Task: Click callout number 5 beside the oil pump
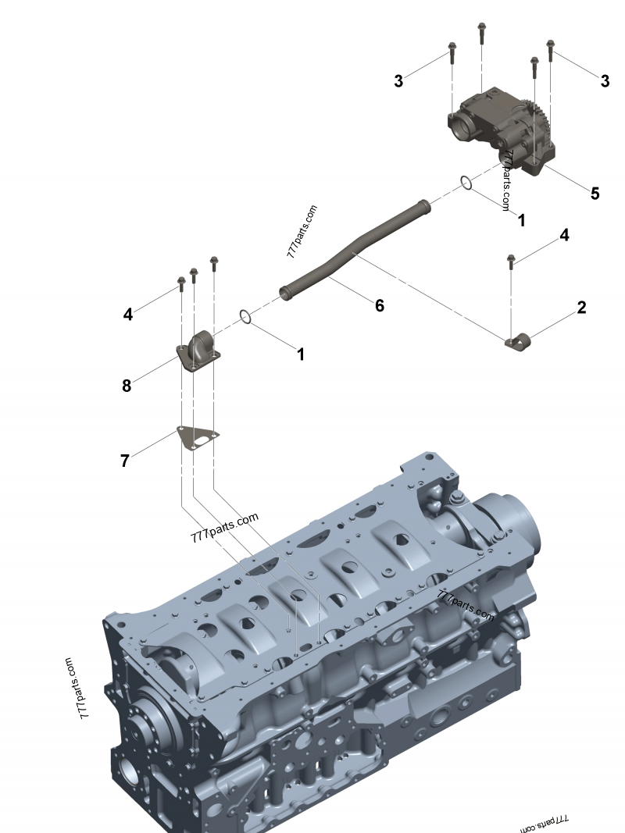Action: click(x=595, y=194)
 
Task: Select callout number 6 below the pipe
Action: click(x=380, y=305)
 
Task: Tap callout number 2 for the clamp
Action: click(x=581, y=307)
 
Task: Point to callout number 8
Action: click(x=127, y=386)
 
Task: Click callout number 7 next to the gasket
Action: click(x=125, y=461)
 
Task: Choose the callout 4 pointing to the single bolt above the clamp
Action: click(x=564, y=235)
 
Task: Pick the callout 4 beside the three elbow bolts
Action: click(x=128, y=315)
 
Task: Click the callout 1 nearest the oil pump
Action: click(x=521, y=220)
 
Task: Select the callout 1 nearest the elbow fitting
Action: click(x=301, y=354)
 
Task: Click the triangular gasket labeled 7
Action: click(x=198, y=440)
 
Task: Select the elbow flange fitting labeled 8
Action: click(x=198, y=351)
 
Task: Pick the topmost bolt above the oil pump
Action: click(x=481, y=33)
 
